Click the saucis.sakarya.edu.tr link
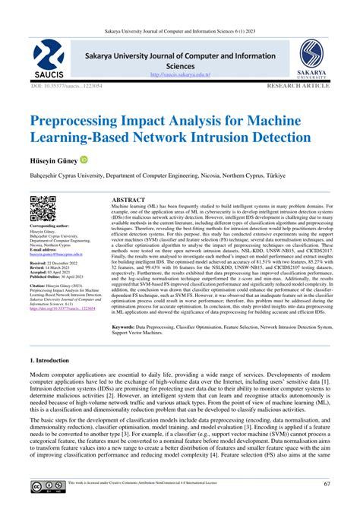[179, 74]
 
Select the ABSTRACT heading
[128, 199]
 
